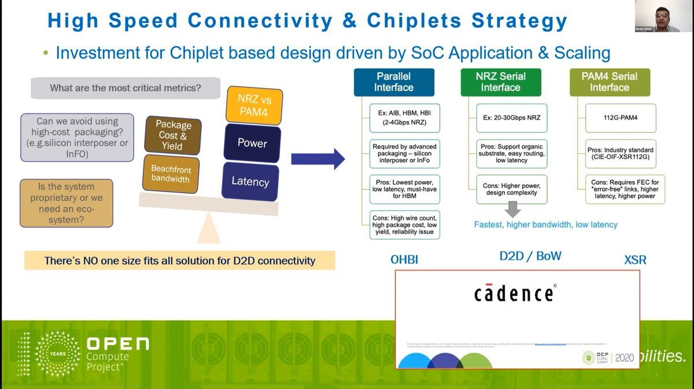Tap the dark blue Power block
click(252, 143)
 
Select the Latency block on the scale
click(250, 182)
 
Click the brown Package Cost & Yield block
click(173, 135)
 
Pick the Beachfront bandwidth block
click(171, 174)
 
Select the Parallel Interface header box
click(394, 82)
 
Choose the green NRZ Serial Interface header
click(501, 82)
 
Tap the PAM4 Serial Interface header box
click(610, 82)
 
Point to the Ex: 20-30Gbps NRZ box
click(511, 118)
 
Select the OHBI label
click(404, 260)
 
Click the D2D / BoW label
click(530, 256)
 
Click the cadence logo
click(514, 292)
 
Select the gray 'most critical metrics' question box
click(125, 89)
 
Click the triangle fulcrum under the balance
click(209, 232)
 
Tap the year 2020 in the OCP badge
click(625, 358)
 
